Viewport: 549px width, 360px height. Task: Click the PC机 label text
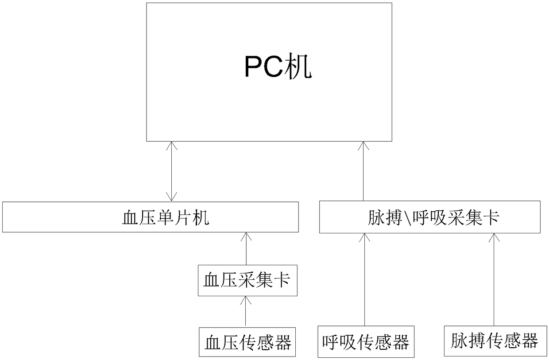(x=278, y=68)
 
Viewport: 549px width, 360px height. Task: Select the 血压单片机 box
(x=150, y=217)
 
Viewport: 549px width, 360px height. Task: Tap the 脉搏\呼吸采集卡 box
(x=429, y=217)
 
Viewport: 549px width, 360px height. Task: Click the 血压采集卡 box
(x=247, y=281)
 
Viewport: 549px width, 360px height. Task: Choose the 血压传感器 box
(x=247, y=342)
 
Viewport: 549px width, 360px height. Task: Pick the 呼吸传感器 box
(x=366, y=342)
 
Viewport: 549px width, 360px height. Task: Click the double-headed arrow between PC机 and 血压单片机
(x=171, y=171)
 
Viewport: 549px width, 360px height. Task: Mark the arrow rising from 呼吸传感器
(x=364, y=279)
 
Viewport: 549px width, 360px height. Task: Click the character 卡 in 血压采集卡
(x=282, y=281)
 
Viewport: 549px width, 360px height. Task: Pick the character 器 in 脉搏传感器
(x=530, y=341)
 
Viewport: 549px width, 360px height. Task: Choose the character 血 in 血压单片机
(x=130, y=217)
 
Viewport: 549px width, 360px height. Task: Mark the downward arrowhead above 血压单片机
(x=171, y=197)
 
